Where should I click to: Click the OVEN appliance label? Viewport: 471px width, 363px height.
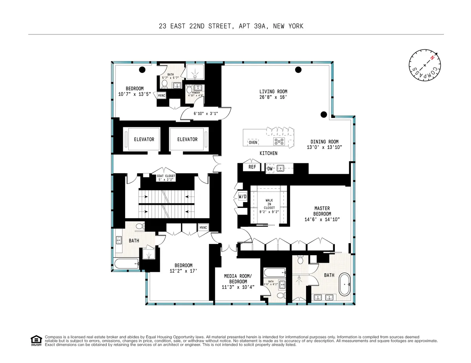(253, 143)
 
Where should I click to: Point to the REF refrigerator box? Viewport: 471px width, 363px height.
(252, 167)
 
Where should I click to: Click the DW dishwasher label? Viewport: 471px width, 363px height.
(270, 168)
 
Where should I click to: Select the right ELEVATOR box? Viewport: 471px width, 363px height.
(187, 139)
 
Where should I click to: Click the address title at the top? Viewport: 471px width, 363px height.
(231, 26)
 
